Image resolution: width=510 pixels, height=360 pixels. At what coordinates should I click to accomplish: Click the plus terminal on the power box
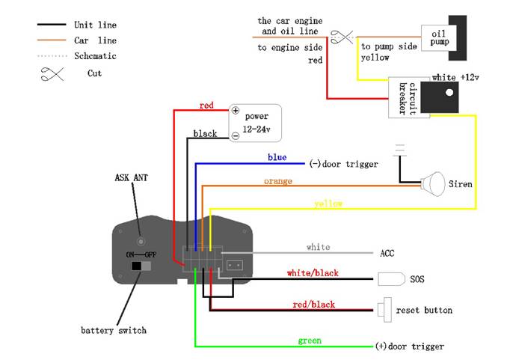[x=235, y=111]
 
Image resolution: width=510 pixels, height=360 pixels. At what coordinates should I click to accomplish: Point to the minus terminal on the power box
[x=235, y=135]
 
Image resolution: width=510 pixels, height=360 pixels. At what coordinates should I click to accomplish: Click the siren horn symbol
[x=431, y=183]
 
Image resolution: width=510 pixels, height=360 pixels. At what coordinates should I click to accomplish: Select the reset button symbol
[x=387, y=308]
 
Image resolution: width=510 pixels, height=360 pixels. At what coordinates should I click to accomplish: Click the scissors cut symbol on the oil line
[x=342, y=35]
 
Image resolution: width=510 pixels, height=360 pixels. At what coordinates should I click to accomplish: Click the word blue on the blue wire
[x=277, y=158]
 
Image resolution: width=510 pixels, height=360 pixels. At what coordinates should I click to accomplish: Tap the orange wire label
[x=277, y=181]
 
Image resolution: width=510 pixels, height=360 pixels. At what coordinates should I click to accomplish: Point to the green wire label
[x=310, y=341]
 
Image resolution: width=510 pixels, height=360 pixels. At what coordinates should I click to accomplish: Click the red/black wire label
[x=313, y=304]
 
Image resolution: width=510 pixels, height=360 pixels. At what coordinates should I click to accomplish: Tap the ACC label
[x=387, y=253]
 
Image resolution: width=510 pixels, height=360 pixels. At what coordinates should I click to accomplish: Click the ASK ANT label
[x=132, y=178]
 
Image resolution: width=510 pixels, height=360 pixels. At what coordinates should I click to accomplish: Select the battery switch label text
[x=114, y=330]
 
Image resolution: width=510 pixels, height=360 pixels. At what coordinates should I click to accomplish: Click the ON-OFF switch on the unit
[x=141, y=266]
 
